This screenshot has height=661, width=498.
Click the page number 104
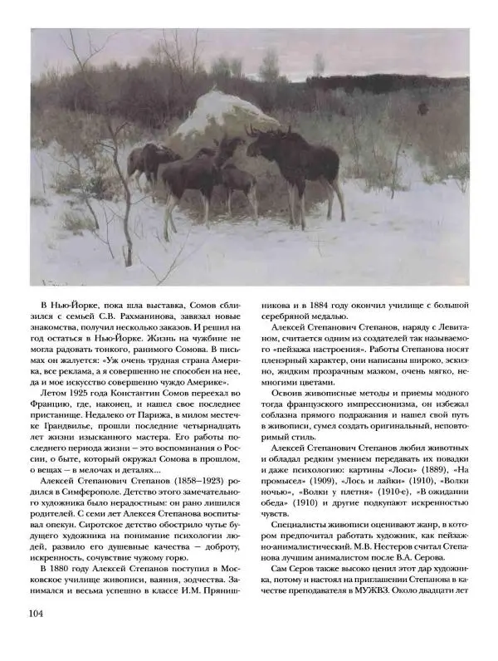click(x=42, y=636)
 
